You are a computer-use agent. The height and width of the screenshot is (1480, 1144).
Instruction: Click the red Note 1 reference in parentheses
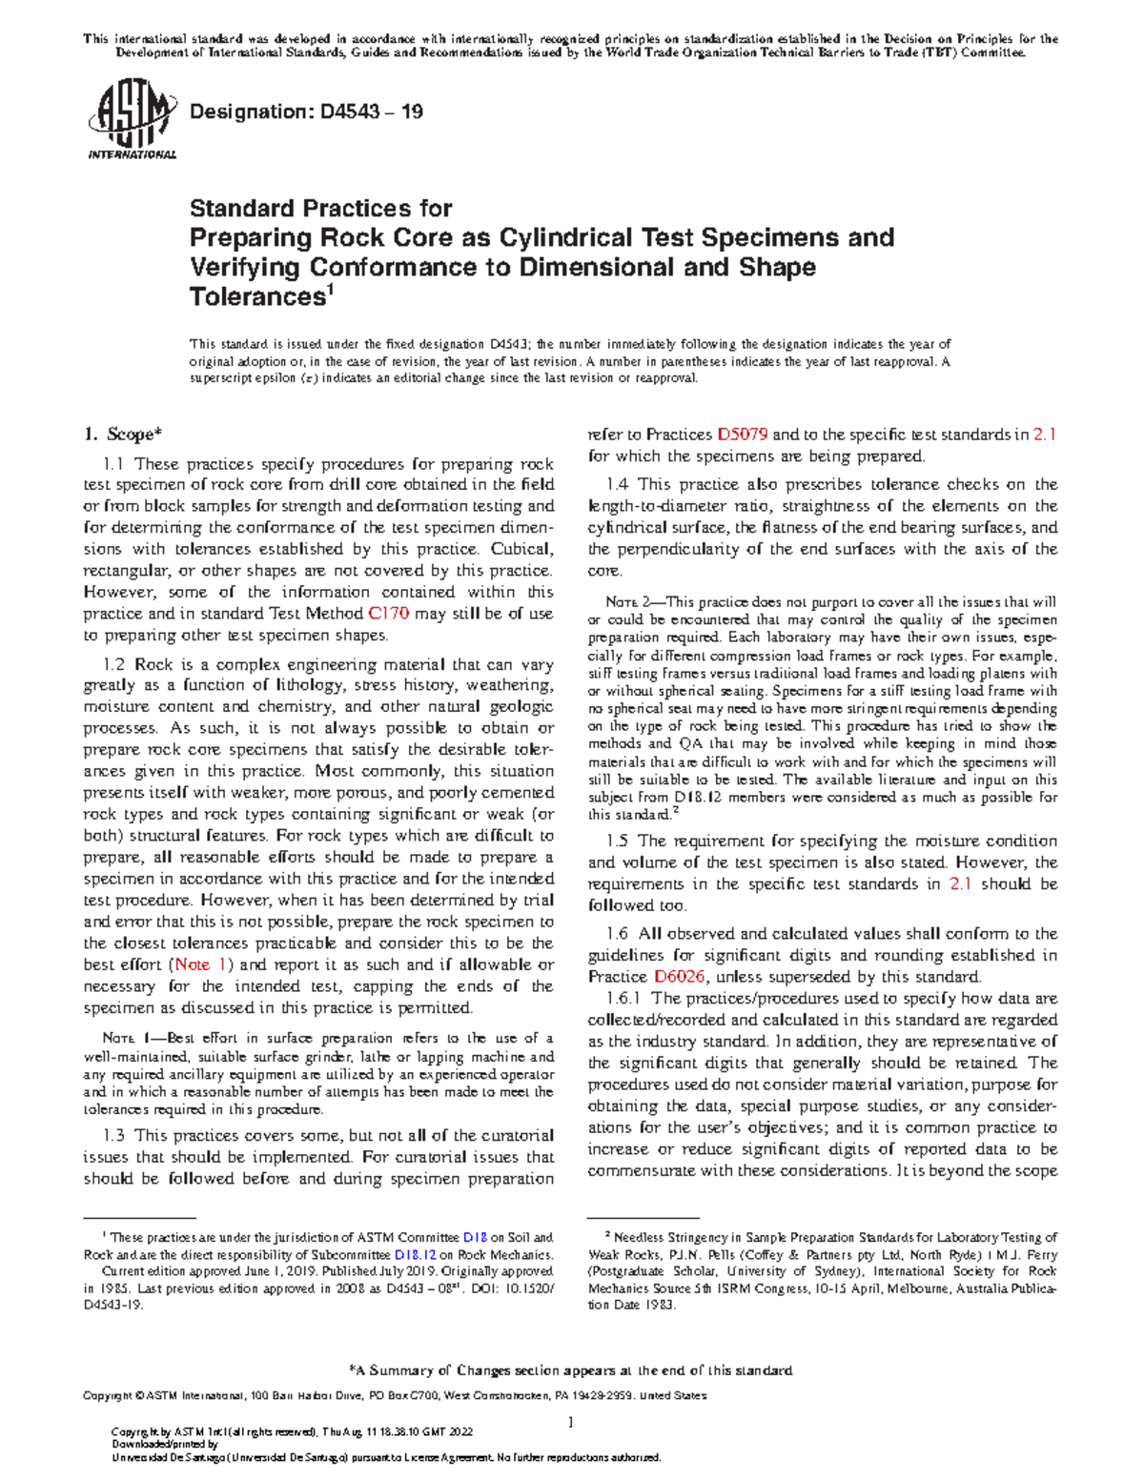pyautogui.click(x=203, y=964)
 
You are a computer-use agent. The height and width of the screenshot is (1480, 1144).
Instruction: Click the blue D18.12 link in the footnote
pyautogui.click(x=416, y=1255)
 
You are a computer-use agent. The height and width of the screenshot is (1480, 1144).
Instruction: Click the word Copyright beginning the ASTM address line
pyautogui.click(x=108, y=1396)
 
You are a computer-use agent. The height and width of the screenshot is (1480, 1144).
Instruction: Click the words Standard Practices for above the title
pyautogui.click(x=320, y=208)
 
